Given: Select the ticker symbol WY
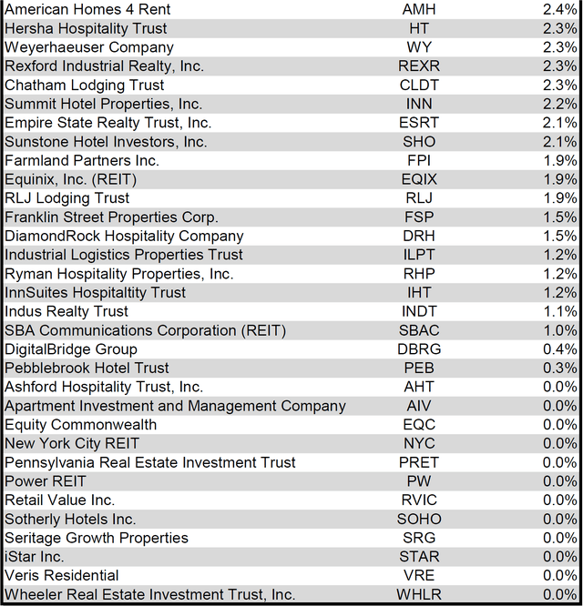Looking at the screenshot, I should (x=419, y=47).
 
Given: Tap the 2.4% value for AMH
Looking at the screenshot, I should (x=559, y=9).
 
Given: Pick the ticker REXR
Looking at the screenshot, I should (x=419, y=66).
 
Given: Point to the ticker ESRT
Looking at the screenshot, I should (x=419, y=123).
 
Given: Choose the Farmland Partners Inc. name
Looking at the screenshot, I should (x=82, y=160).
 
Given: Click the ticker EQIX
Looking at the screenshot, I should (x=419, y=179).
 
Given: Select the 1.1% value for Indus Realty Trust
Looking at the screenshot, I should (x=559, y=311).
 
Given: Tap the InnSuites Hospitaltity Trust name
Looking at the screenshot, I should (x=95, y=292).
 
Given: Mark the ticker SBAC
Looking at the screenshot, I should (x=419, y=330).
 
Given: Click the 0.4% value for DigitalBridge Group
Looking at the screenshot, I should (x=559, y=349).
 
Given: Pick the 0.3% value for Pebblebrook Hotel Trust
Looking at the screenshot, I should (x=559, y=368).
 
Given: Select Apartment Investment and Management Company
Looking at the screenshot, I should (x=162, y=406).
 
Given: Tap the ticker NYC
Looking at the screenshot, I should (x=419, y=443).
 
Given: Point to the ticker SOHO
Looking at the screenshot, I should (x=419, y=519).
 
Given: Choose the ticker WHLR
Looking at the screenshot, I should (x=419, y=594).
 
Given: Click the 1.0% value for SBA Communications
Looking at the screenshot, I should (x=559, y=330).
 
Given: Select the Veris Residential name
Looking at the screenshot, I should (x=62, y=575).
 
